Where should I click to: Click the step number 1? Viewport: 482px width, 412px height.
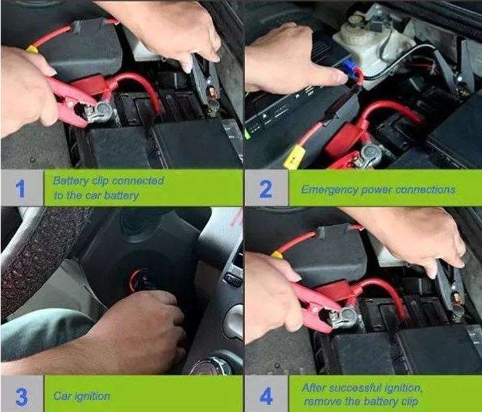tap(21, 188)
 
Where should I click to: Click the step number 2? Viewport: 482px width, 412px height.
tap(265, 189)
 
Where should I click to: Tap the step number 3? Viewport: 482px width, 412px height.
tap(21, 394)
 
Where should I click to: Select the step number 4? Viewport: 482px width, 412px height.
tap(265, 394)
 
